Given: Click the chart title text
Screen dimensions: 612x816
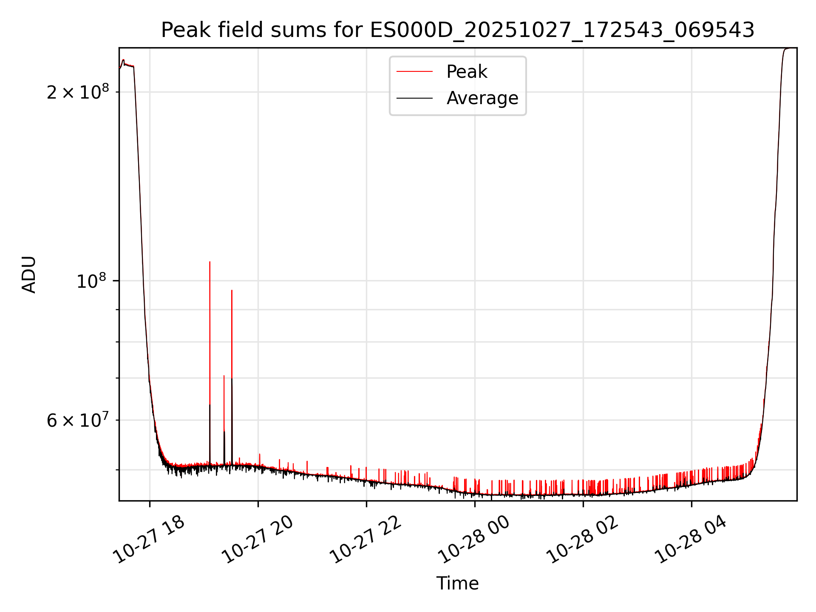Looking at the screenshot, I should pyautogui.click(x=458, y=30).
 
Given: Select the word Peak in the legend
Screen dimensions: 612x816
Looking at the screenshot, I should pyautogui.click(x=467, y=72).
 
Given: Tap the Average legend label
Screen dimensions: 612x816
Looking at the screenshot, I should pyautogui.click(x=482, y=98).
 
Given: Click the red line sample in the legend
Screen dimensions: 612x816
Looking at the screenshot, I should pyautogui.click(x=414, y=72).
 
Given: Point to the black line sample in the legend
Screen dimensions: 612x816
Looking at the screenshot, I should pyautogui.click(x=414, y=98).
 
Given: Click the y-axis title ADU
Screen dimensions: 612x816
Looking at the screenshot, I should pyautogui.click(x=29, y=275).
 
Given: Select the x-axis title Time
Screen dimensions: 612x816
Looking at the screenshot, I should pyautogui.click(x=457, y=584).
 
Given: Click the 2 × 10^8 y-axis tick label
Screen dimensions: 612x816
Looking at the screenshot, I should pyautogui.click(x=78, y=92).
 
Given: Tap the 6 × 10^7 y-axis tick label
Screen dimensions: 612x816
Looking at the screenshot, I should pyautogui.click(x=78, y=421).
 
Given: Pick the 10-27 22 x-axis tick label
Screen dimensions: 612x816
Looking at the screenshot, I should pyautogui.click(x=366, y=540).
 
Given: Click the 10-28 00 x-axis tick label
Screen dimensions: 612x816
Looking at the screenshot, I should pyautogui.click(x=474, y=540).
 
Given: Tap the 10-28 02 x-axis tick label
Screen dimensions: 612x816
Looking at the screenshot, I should pyautogui.click(x=582, y=540).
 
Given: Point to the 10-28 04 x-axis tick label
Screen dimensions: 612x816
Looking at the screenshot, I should pyautogui.click(x=691, y=540).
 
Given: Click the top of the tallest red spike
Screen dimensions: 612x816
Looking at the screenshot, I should pyautogui.click(x=210, y=262).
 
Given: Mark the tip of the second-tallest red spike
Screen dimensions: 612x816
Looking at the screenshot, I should pyautogui.click(x=232, y=290).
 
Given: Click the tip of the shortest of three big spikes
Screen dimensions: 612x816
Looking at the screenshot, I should pyautogui.click(x=224, y=376).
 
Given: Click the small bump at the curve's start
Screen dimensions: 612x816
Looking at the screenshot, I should pyautogui.click(x=123, y=60).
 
